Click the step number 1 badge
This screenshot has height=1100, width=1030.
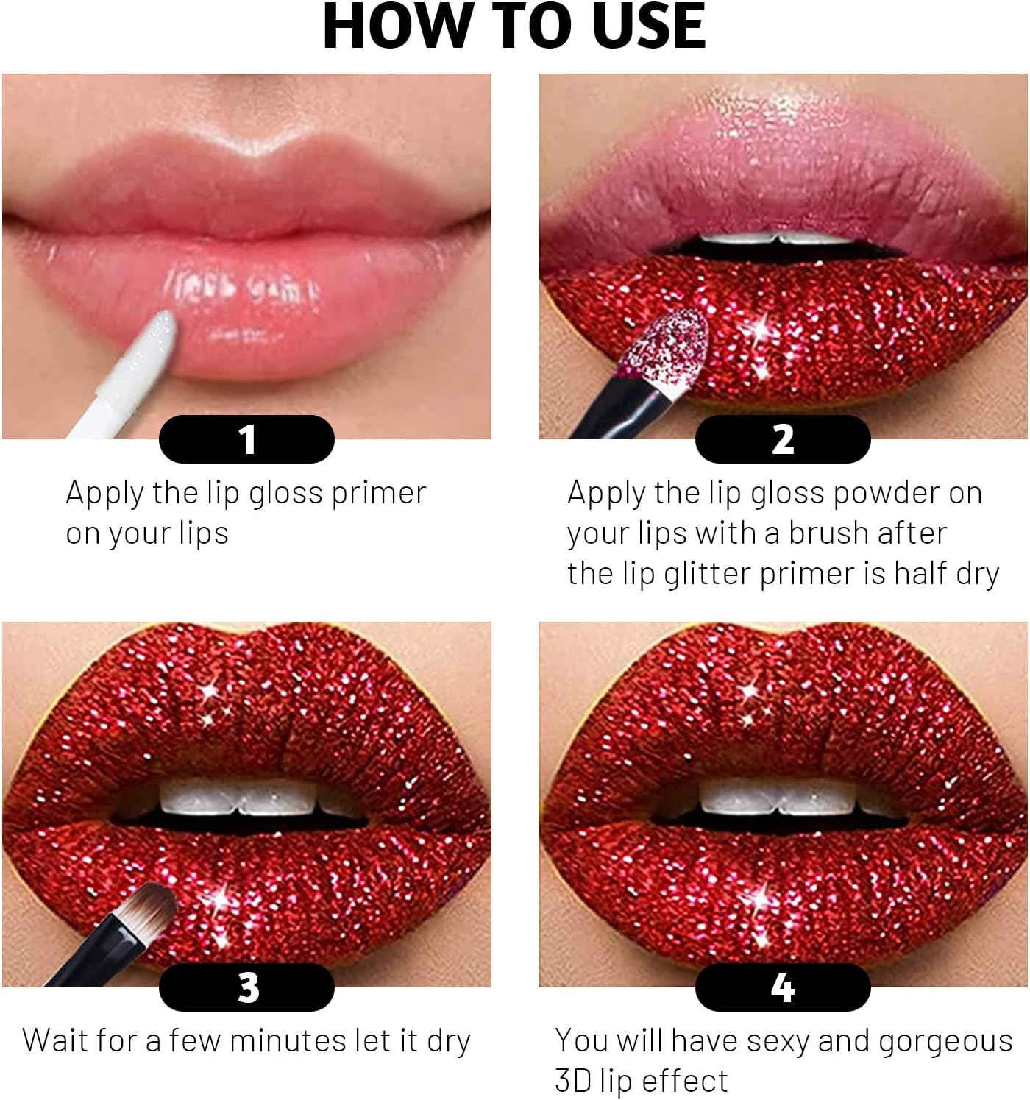(x=247, y=439)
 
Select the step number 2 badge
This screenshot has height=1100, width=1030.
(x=783, y=439)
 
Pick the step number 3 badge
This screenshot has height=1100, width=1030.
(x=247, y=987)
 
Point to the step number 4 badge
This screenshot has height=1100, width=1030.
(x=783, y=987)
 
